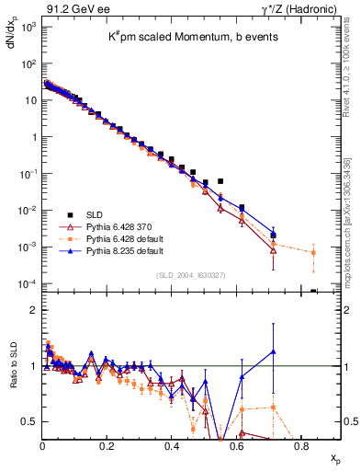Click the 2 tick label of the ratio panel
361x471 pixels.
(32, 310)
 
